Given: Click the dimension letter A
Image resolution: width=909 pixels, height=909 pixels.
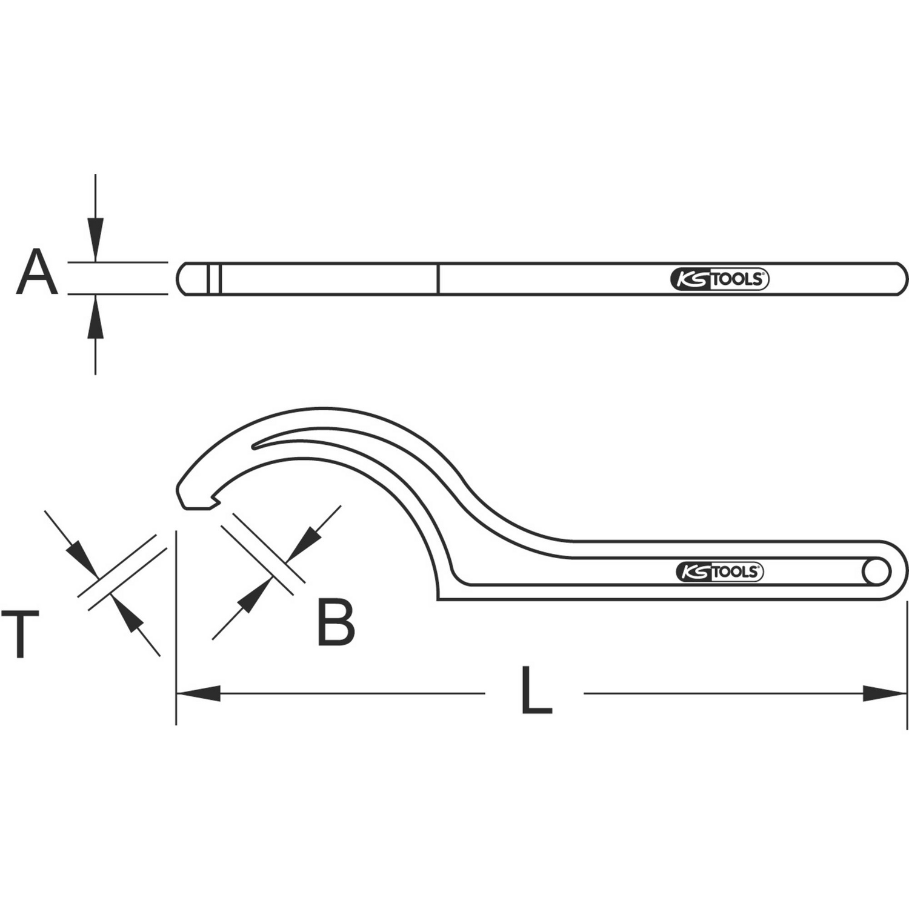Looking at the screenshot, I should click(37, 272).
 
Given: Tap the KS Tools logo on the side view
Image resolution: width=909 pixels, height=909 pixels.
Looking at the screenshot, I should click(719, 279).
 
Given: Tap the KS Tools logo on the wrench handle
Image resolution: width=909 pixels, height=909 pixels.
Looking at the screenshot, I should click(719, 571).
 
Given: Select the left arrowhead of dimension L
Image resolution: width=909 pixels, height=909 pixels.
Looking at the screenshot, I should click(198, 693).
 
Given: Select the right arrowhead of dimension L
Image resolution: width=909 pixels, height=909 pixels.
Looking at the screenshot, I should click(885, 693).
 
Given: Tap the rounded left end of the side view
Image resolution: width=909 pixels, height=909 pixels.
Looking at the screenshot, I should click(182, 279).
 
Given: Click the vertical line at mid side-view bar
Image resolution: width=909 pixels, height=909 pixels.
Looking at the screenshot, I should click(438, 279).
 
